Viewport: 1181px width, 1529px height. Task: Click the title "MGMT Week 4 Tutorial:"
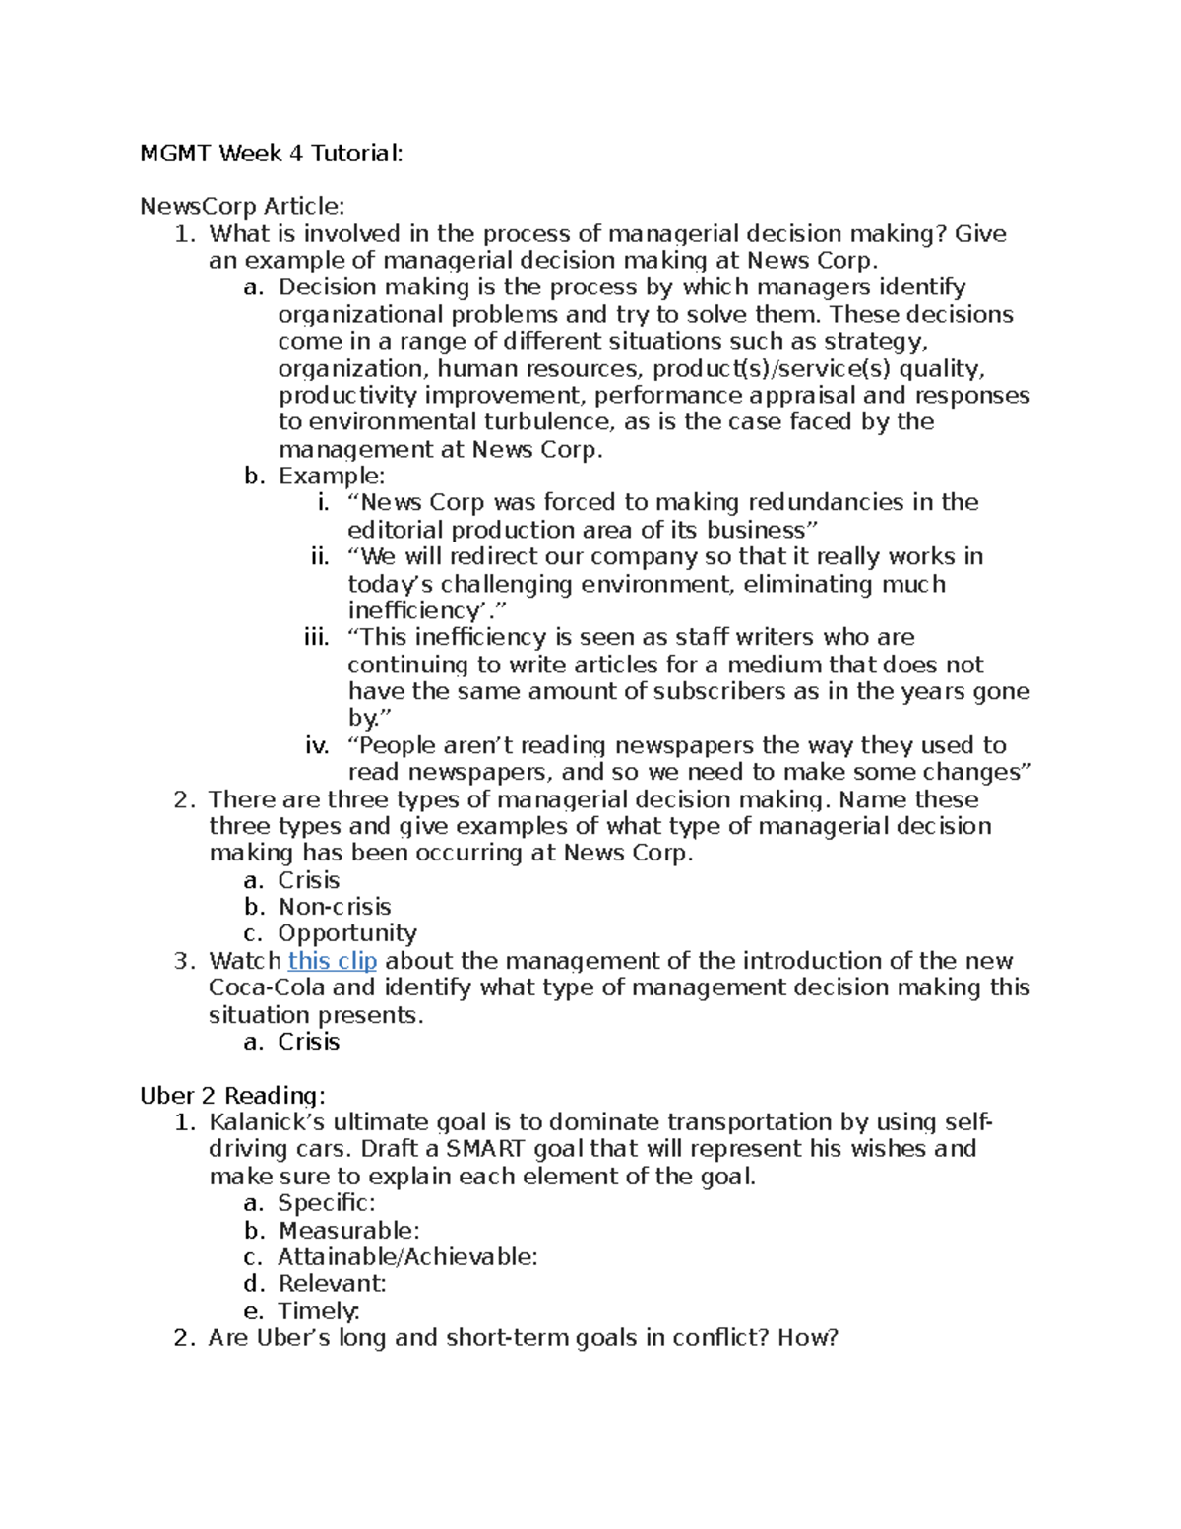pos(271,154)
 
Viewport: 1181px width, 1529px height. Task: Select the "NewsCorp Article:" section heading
pos(242,206)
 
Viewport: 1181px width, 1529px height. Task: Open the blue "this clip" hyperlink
pos(332,961)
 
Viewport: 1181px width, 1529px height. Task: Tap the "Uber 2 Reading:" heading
pos(231,1096)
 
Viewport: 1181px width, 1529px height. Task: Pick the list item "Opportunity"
pos(346,933)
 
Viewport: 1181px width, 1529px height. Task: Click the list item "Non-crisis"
pos(335,907)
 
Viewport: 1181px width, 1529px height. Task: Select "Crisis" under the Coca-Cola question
pos(308,1042)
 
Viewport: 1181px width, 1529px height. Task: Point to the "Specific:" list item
pos(326,1203)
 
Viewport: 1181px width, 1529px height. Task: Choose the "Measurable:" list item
pos(348,1231)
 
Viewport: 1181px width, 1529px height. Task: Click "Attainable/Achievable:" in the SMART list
pos(407,1257)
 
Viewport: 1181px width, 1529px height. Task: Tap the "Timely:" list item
pos(319,1311)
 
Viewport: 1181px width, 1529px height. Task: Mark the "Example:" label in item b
pos(332,477)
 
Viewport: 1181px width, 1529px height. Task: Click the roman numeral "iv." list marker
pos(317,746)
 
